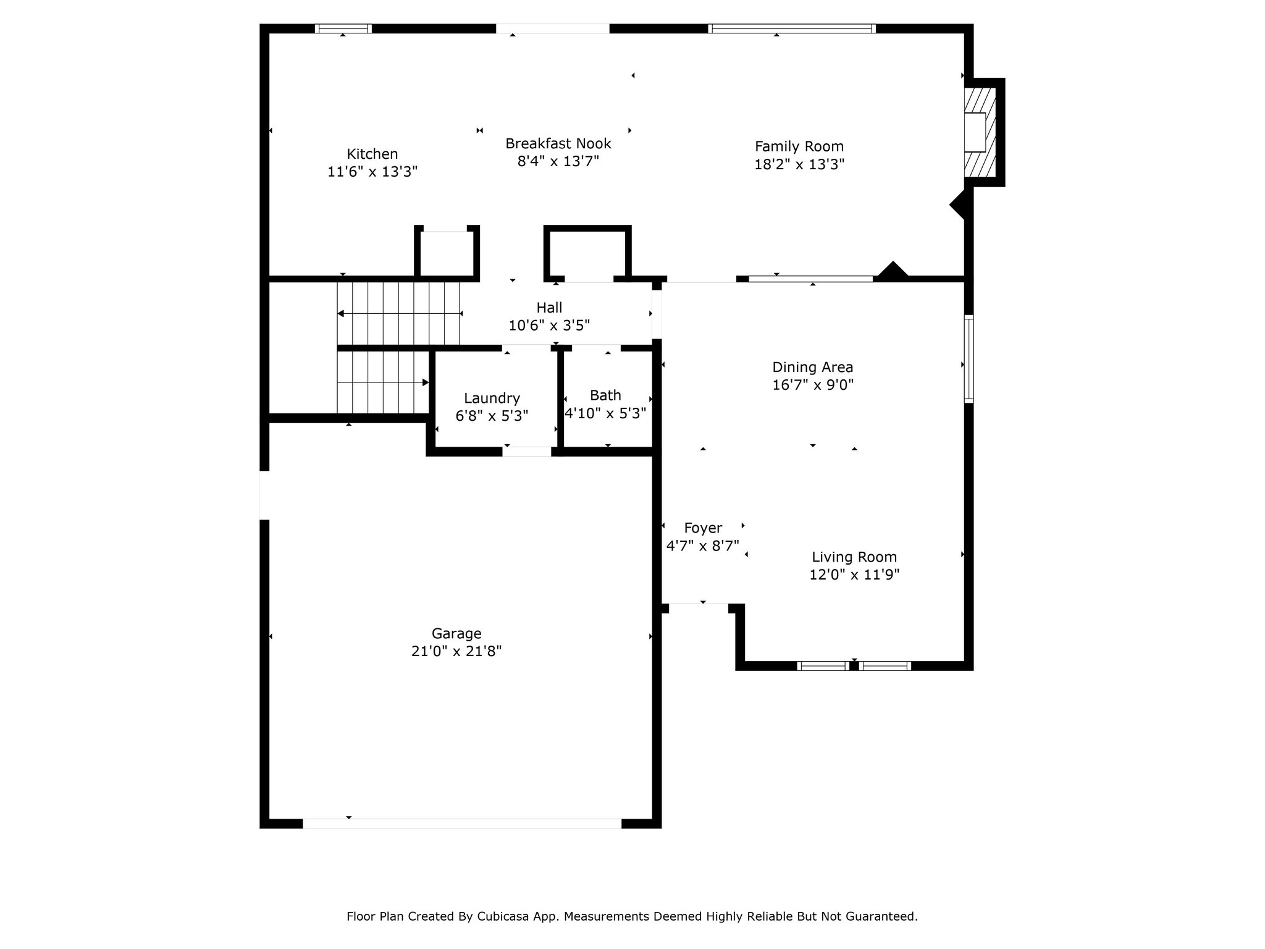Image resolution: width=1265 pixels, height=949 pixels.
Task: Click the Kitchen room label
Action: coord(372,154)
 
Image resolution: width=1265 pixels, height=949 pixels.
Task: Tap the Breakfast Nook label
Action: coord(558,143)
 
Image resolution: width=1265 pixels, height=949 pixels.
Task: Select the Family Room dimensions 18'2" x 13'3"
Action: coord(799,164)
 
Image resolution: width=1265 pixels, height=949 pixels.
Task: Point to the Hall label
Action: coord(549,307)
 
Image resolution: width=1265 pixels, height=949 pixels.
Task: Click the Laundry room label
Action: coord(492,399)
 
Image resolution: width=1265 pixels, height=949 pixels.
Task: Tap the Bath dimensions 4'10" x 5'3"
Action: coord(605,413)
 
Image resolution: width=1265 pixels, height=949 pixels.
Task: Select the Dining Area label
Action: coord(813,367)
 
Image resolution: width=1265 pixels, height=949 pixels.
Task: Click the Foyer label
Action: coord(703,528)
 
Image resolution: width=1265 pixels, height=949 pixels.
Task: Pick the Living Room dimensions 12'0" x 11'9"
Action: coord(854,575)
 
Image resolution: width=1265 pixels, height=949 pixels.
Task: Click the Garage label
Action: coord(456,633)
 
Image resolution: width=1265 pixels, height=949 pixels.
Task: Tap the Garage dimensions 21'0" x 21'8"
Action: coord(456,651)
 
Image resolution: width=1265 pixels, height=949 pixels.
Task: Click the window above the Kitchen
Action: coord(343,28)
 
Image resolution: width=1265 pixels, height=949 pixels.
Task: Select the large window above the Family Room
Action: coord(792,28)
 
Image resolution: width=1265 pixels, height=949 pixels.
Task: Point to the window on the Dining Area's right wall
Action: coord(969,359)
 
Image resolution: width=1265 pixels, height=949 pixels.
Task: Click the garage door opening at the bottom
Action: coord(462,824)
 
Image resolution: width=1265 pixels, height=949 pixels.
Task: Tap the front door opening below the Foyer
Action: coord(699,608)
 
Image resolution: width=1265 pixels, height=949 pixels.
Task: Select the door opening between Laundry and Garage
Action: coord(527,452)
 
